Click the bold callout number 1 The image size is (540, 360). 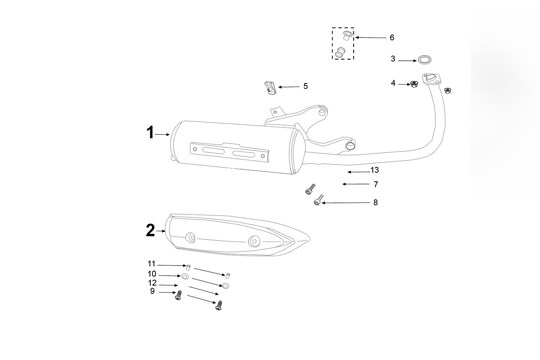pyautogui.click(x=150, y=133)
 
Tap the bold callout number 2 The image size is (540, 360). pyautogui.click(x=150, y=230)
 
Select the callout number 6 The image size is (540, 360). pyautogui.click(x=392, y=38)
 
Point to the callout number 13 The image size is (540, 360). pyautogui.click(x=374, y=170)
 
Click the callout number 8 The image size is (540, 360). pyautogui.click(x=375, y=203)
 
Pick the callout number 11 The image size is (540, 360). pyautogui.click(x=152, y=264)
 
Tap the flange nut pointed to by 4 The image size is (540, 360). pyautogui.click(x=414, y=84)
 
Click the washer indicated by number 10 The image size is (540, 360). pyautogui.click(x=185, y=277)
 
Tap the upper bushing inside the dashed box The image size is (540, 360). pyautogui.click(x=346, y=36)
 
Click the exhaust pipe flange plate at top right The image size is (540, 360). pyautogui.click(x=432, y=78)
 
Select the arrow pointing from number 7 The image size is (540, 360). pyautogui.click(x=356, y=184)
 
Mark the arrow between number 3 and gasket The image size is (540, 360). pyautogui.click(x=407, y=61)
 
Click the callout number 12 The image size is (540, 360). pyautogui.click(x=152, y=283)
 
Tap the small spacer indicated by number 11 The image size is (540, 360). pyautogui.click(x=188, y=268)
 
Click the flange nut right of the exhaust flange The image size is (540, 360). pyautogui.click(x=448, y=91)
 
